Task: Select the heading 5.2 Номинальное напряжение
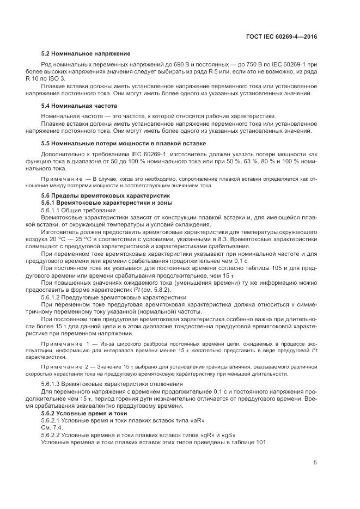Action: click(x=86, y=53)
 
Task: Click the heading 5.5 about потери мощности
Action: click(x=123, y=143)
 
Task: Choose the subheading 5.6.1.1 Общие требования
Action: click(x=78, y=210)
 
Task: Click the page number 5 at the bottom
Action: click(x=315, y=463)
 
